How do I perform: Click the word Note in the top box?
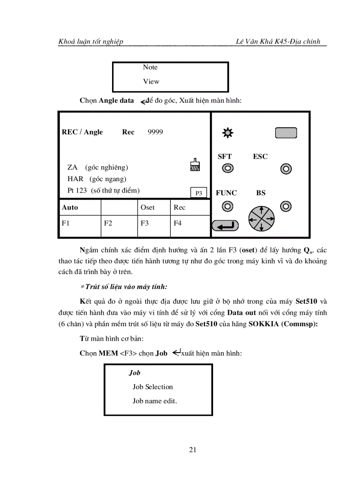point(150,67)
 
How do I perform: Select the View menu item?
point(151,82)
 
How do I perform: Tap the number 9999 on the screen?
point(155,132)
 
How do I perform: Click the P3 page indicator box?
point(199,193)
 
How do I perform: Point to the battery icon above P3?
point(195,164)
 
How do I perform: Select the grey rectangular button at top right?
point(286,133)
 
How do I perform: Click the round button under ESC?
point(286,169)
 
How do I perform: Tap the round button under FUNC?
point(227,206)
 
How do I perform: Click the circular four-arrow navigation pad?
point(261,218)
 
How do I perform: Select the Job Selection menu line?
point(153,387)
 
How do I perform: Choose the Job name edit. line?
point(154,401)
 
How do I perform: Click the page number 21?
point(192,450)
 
